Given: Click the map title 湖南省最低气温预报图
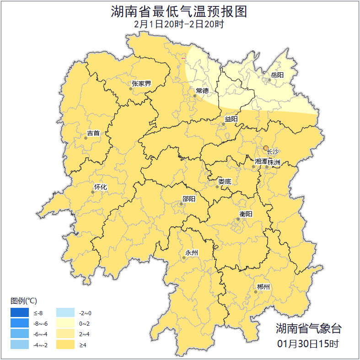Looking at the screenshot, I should point(179,11).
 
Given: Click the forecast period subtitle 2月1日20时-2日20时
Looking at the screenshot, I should point(179,24).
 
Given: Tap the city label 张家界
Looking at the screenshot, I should point(141,84).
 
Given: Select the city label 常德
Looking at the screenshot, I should point(202,91).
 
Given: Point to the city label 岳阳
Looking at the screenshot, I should point(277,75).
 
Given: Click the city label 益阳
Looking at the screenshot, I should point(231,119).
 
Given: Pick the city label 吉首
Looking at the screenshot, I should point(93,134).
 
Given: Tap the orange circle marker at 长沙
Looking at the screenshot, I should point(266,148).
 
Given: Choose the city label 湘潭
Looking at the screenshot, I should point(261,162).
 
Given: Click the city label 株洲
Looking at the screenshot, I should point(274,162).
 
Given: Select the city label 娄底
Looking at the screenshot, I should point(225,182).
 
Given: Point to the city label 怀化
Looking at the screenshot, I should point(100,187).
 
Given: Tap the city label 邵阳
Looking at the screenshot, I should point(188,199).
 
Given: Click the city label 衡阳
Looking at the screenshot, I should point(246,214).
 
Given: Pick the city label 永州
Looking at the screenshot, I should point(191,253).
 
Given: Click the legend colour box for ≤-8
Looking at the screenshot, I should point(20,313).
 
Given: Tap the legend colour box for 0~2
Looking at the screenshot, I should point(65,323).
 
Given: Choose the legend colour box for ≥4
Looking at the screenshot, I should point(65,344).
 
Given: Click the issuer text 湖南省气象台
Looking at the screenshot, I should point(308,328).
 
